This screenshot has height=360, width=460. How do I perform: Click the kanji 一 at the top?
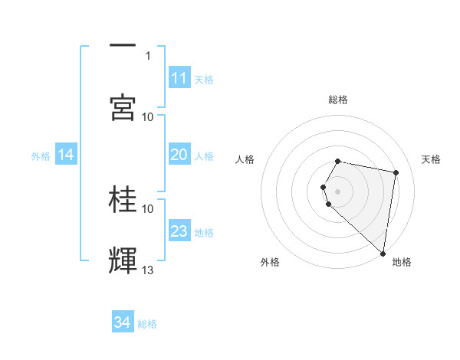pyautogui.click(x=123, y=45)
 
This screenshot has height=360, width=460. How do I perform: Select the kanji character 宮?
pyautogui.click(x=123, y=108)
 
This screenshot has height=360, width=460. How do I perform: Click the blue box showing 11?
pyautogui.click(x=179, y=78)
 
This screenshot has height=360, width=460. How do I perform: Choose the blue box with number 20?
pyautogui.click(x=179, y=155)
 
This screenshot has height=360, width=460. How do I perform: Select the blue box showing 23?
pyautogui.click(x=179, y=231)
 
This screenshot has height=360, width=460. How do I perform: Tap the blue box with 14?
pyautogui.click(x=66, y=155)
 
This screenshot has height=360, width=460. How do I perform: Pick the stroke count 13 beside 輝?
pyautogui.click(x=148, y=270)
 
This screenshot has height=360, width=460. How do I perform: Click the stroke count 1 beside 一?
pyautogui.click(x=148, y=55)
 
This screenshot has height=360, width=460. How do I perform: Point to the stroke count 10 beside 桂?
pyautogui.click(x=148, y=208)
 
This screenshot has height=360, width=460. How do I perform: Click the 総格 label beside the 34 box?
pyautogui.click(x=147, y=324)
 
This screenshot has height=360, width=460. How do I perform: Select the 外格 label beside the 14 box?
pyautogui.click(x=41, y=155)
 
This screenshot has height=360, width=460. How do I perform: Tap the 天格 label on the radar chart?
pyautogui.click(x=431, y=159)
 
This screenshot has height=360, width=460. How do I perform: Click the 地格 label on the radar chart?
pyautogui.click(x=402, y=262)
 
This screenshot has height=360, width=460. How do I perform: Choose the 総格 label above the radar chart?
pyautogui.click(x=338, y=100)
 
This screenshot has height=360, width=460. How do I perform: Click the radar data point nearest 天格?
pyautogui.click(x=396, y=173)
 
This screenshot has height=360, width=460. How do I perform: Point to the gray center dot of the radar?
pyautogui.click(x=338, y=190)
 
